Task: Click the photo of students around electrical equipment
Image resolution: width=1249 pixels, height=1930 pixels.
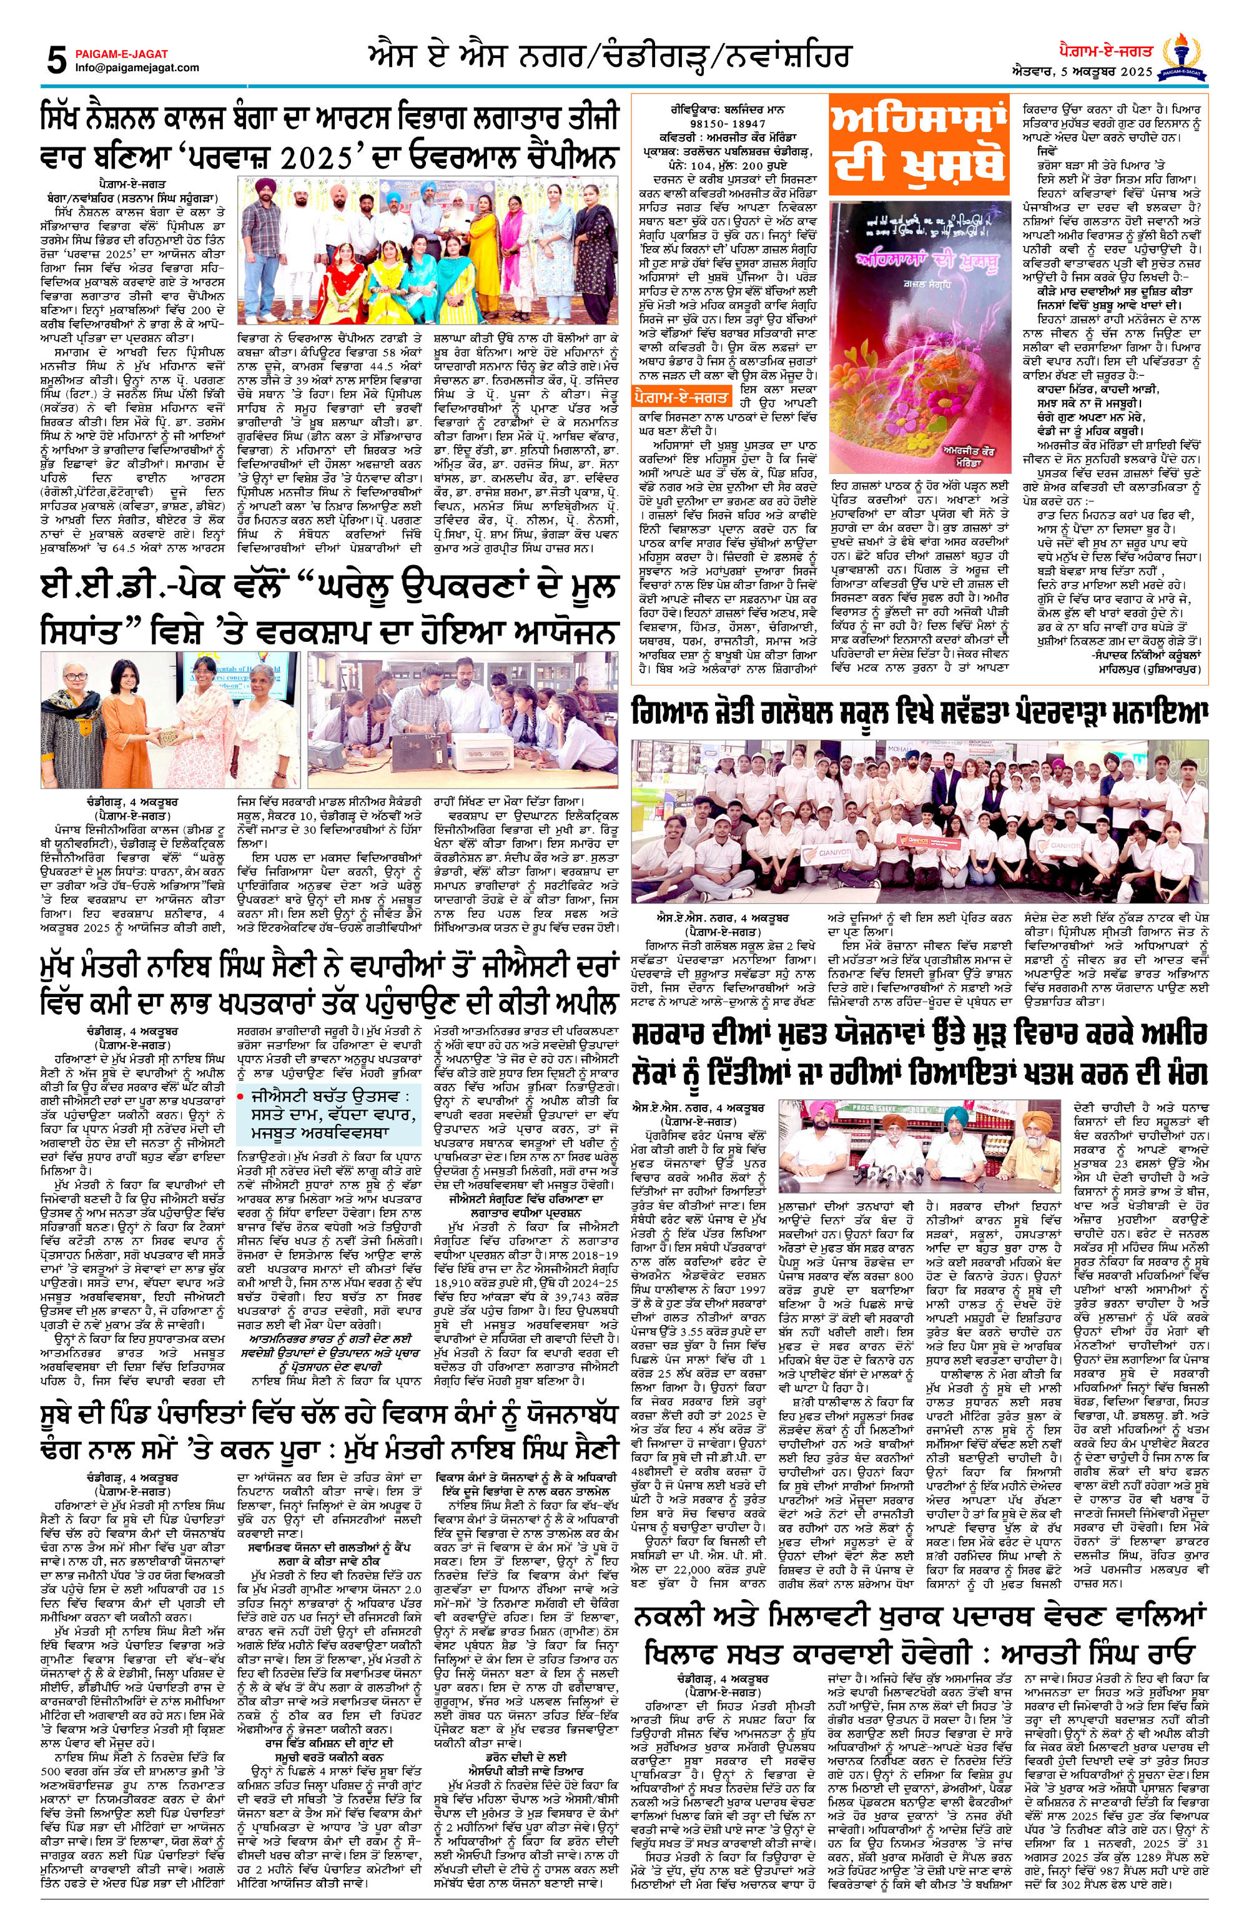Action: point(464,720)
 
